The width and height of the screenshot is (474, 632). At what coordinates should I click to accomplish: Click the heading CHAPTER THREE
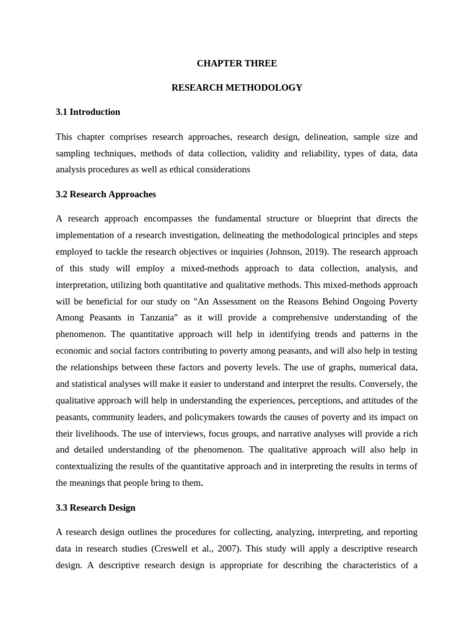[236, 63]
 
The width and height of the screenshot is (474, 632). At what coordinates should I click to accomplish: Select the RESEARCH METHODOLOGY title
[236, 88]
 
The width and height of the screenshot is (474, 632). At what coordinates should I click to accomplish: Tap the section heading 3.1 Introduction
[88, 112]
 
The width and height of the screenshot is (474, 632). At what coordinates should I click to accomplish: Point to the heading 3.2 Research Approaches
[106, 194]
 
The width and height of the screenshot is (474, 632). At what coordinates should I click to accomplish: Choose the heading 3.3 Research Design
[96, 508]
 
